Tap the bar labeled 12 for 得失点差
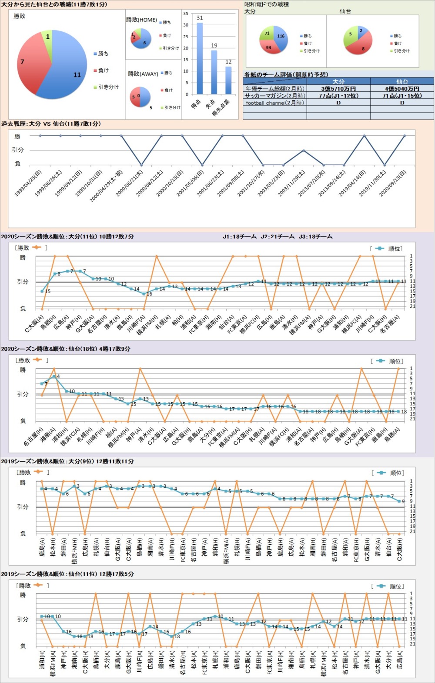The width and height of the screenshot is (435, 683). pos(228,80)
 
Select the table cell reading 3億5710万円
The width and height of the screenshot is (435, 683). pos(338,89)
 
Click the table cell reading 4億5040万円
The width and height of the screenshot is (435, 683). pos(402,89)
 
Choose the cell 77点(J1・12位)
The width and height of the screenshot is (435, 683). pos(338,96)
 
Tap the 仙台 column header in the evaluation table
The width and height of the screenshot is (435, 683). pos(402,81)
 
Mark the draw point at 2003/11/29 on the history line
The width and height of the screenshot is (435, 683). pos(304,150)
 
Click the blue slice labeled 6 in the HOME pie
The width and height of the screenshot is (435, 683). pos(144,41)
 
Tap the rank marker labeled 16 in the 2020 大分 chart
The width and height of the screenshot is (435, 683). pos(144,293)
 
